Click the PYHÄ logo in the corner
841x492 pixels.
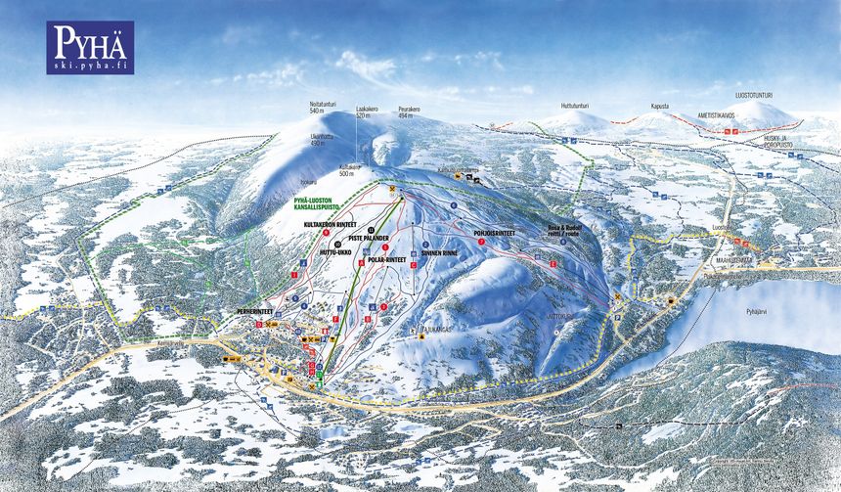point(90,47)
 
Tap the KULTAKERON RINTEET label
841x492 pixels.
point(328,224)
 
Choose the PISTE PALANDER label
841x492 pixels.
point(370,238)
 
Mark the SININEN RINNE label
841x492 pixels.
point(439,251)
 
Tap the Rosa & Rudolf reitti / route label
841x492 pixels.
point(565,229)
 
